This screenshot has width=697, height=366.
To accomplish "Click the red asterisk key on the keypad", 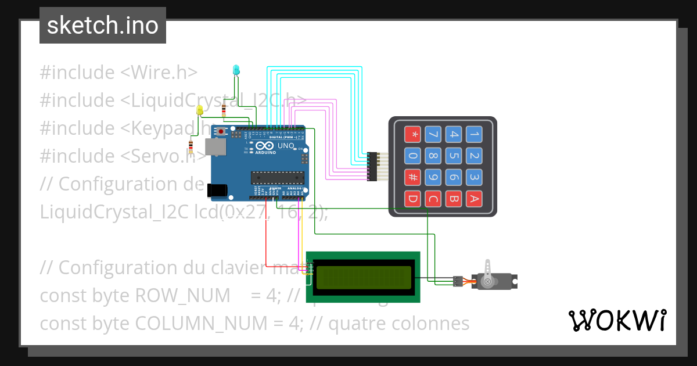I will (412, 135).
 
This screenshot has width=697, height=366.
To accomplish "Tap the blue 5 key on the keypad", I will (454, 156).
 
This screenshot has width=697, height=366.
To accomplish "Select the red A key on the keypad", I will (475, 199).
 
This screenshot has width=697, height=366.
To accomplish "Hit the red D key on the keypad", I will (412, 199).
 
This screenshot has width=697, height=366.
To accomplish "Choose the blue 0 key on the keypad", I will (412, 156).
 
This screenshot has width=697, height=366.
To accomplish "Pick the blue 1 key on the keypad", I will (475, 135).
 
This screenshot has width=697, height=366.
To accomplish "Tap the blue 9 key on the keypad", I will (433, 178).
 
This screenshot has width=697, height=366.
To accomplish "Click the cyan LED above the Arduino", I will (235, 70).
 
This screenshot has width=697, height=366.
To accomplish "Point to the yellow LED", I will (200, 109).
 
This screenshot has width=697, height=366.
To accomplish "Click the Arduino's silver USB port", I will (216, 148).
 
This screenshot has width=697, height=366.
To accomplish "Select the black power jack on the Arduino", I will (216, 189).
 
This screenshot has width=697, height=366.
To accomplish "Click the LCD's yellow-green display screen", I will (363, 277).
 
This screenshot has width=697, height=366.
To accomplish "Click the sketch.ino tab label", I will (103, 26).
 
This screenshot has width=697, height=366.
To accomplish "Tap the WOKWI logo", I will (617, 320).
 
